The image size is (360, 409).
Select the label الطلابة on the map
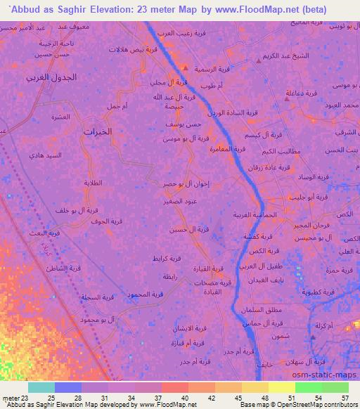[x=94, y=183]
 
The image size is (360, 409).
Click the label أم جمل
[x=115, y=106]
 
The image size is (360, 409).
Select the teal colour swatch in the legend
[x=41, y=388]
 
